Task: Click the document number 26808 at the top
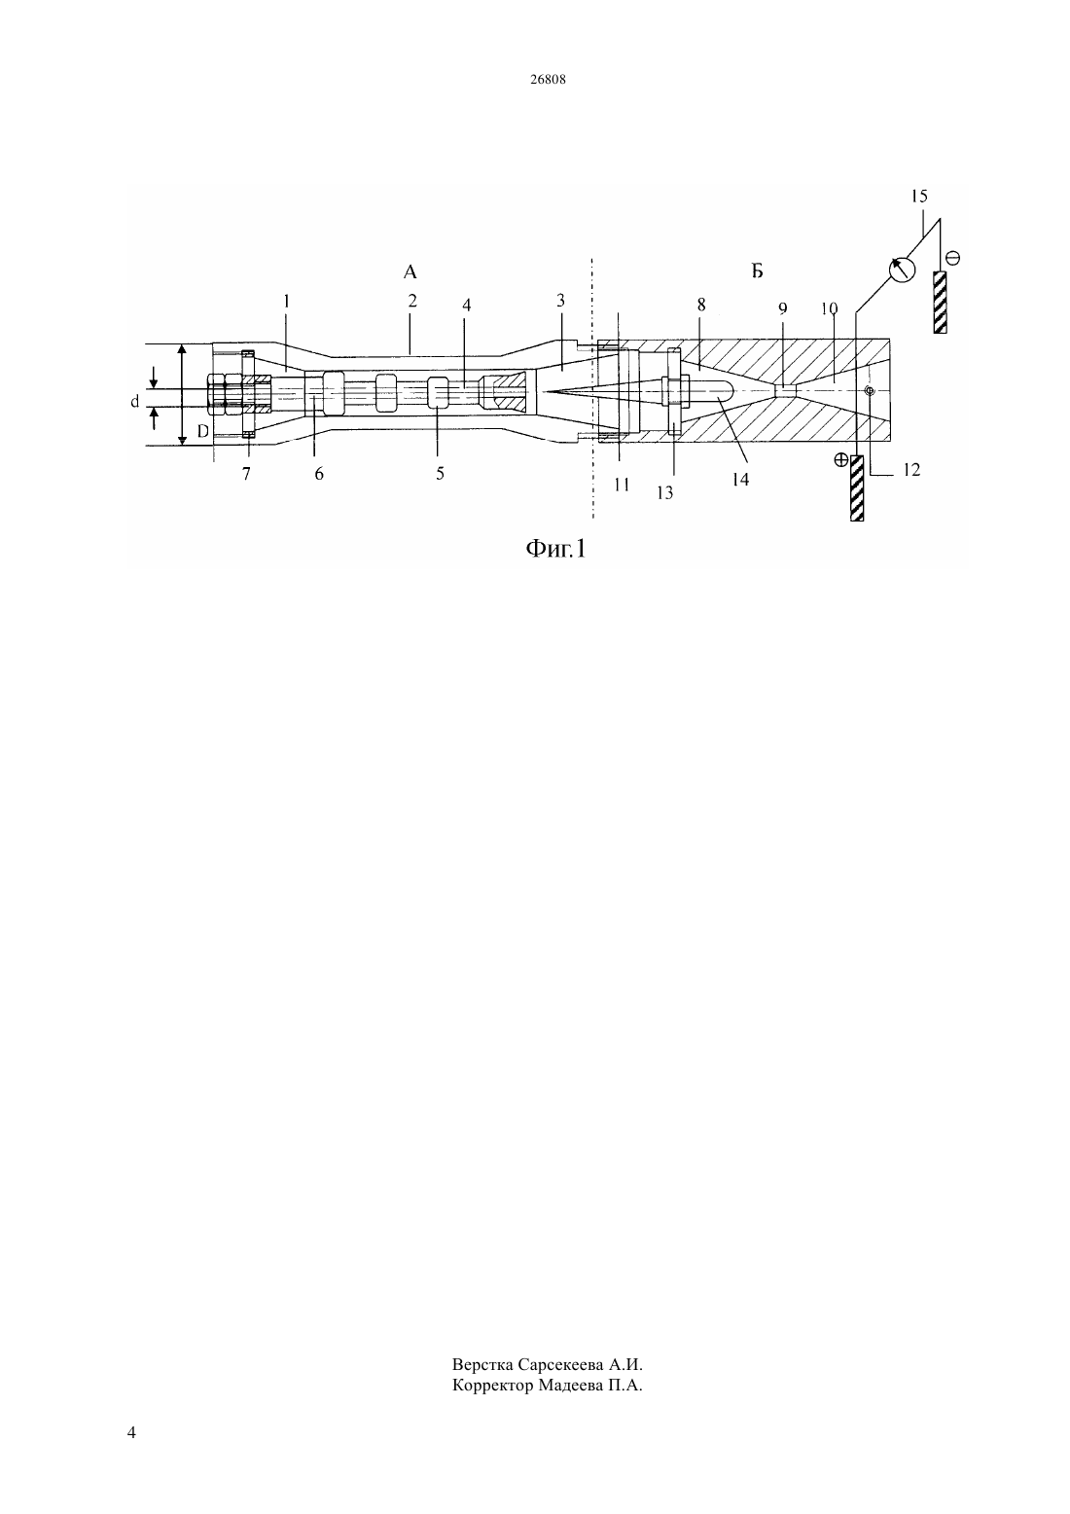548,80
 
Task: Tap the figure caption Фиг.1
555,549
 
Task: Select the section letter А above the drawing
410,272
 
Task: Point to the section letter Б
757,271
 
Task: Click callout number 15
918,196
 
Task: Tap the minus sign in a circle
952,258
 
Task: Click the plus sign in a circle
841,460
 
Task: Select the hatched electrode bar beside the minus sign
940,303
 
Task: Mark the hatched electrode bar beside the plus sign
857,488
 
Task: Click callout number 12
911,470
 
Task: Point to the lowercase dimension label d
135,402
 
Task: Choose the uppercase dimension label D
202,430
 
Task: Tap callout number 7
246,474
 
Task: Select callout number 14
740,480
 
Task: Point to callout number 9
782,308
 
